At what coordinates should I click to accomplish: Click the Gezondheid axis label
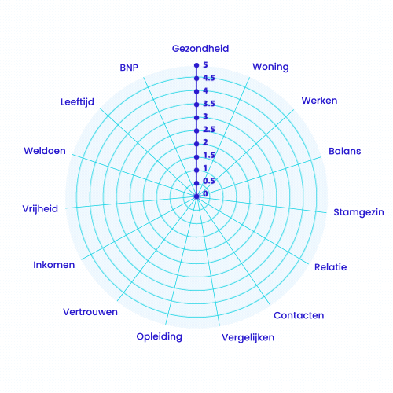pyautogui.click(x=200, y=49)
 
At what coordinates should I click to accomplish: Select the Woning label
pyautogui.click(x=270, y=67)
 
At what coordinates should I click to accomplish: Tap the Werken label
pyautogui.click(x=319, y=101)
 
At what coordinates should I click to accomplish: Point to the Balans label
pyautogui.click(x=345, y=151)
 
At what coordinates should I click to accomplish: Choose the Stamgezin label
pyautogui.click(x=358, y=212)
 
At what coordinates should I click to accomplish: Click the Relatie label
pyautogui.click(x=331, y=267)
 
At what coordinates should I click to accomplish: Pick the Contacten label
pyautogui.click(x=299, y=315)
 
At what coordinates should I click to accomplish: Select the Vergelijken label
pyautogui.click(x=248, y=338)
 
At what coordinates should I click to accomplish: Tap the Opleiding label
pyautogui.click(x=160, y=336)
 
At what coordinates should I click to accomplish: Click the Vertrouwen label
pyautogui.click(x=90, y=312)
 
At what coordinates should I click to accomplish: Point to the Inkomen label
pyautogui.click(x=54, y=265)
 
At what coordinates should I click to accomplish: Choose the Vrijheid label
pyautogui.click(x=40, y=209)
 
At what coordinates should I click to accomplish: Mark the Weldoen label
pyautogui.click(x=45, y=151)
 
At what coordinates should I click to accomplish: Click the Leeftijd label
pyautogui.click(x=77, y=102)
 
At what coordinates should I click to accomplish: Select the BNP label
pyautogui.click(x=129, y=68)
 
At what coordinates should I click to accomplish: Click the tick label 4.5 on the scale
pyautogui.click(x=209, y=78)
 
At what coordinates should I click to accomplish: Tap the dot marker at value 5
pyautogui.click(x=196, y=65)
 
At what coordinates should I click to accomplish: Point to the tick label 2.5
pyautogui.click(x=209, y=130)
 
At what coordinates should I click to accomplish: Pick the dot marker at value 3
pyautogui.click(x=196, y=118)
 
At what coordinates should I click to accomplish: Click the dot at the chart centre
pyautogui.click(x=196, y=196)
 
